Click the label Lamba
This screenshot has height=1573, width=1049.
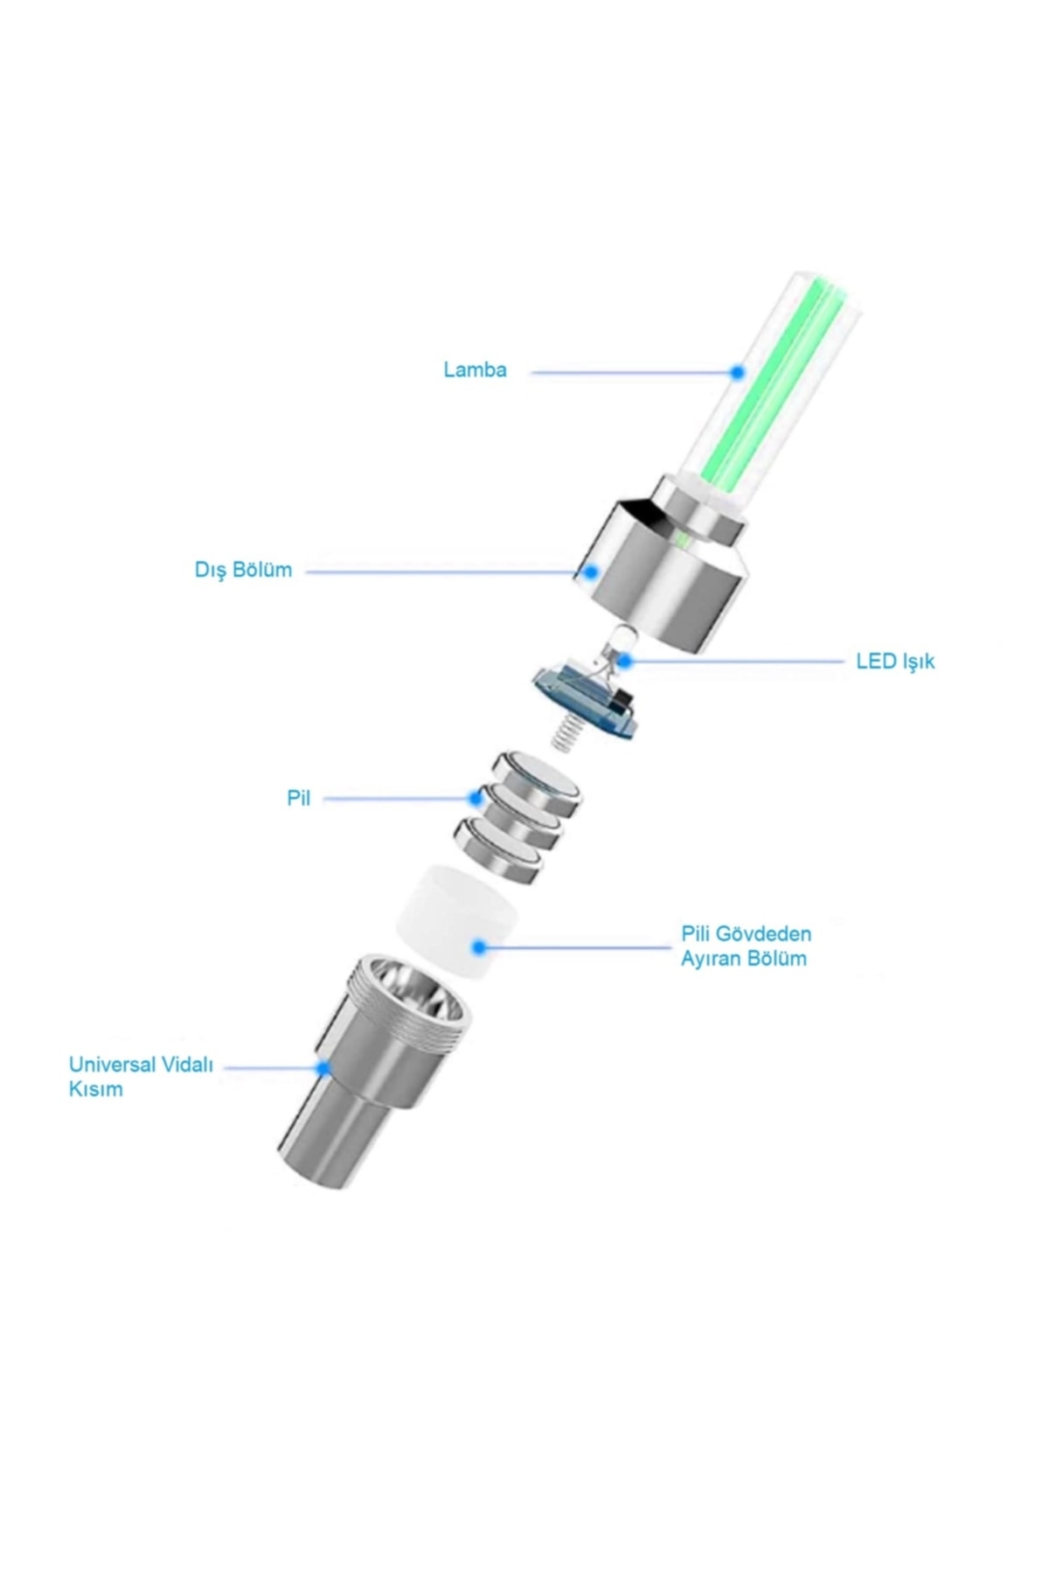[475, 370]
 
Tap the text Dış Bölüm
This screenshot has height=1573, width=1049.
[243, 571]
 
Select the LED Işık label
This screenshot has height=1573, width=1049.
[895, 661]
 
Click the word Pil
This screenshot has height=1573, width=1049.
[299, 799]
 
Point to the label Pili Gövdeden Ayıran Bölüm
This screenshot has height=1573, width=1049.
[746, 946]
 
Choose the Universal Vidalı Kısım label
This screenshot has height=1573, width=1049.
[141, 1077]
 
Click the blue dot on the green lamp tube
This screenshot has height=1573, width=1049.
[737, 372]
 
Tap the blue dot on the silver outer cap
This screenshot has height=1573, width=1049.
[591, 572]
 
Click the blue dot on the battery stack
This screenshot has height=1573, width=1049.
[476, 798]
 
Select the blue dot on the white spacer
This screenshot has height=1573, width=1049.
[478, 946]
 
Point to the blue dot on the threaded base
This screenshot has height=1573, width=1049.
[323, 1067]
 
